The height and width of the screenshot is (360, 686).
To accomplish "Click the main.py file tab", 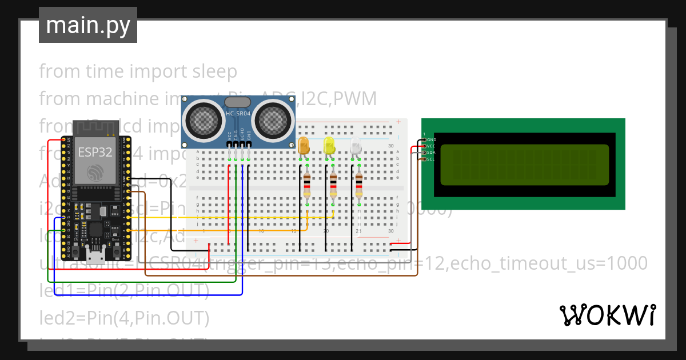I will pyautogui.click(x=87, y=25).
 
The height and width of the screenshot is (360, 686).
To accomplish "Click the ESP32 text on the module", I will pyautogui.click(x=95, y=152).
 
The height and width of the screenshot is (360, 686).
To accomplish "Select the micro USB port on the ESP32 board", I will pyautogui.click(x=95, y=251).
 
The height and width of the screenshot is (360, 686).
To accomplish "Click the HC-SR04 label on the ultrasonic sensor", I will pyautogui.click(x=238, y=114).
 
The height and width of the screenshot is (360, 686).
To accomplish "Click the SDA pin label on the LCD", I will pyautogui.click(x=431, y=153).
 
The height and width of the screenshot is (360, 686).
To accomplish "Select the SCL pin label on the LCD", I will pyautogui.click(x=431, y=159).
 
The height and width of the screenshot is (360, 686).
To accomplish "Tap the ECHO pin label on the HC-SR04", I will pyautogui.click(x=242, y=135).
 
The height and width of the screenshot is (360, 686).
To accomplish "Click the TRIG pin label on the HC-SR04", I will pyautogui.click(x=236, y=135).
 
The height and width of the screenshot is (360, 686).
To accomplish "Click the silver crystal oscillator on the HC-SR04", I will pyautogui.click(x=238, y=102).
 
